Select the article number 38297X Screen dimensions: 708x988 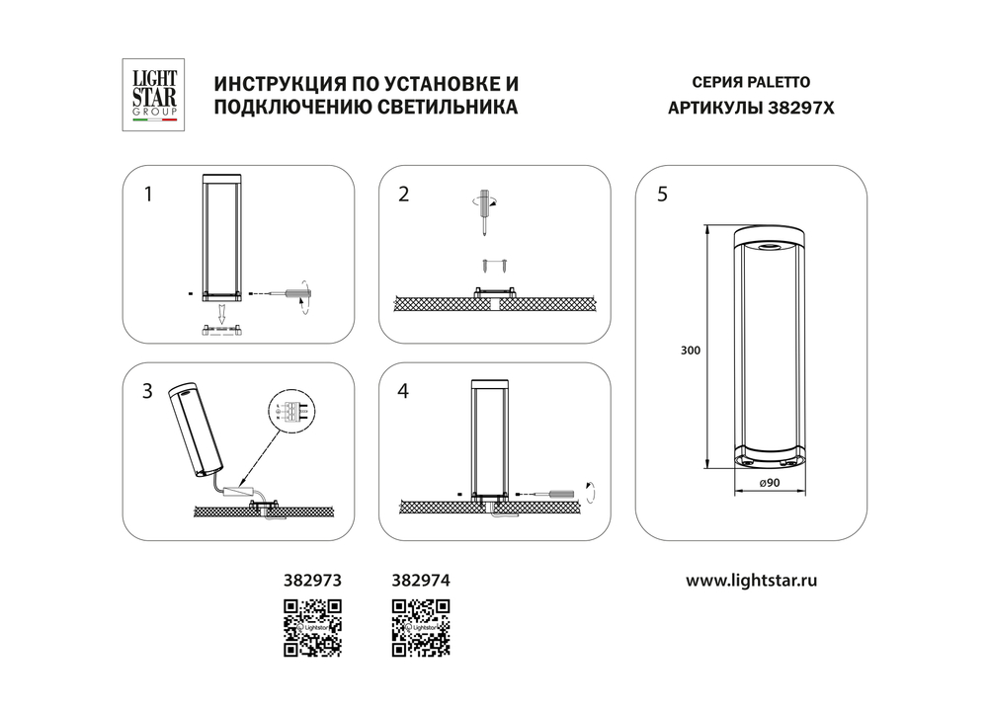click(x=801, y=110)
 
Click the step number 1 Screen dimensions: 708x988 click(x=148, y=195)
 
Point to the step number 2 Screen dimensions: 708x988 click(x=402, y=195)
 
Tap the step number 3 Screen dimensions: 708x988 click(x=148, y=391)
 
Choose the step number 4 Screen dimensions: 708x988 click(x=402, y=391)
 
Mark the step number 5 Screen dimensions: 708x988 click(x=662, y=195)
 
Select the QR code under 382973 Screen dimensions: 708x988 click(x=312, y=628)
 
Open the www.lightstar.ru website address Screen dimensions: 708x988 click(x=751, y=581)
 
